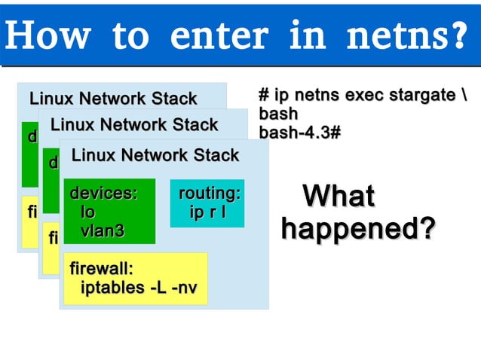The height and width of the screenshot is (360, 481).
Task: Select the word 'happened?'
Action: click(358, 230)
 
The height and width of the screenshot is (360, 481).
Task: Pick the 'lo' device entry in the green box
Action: click(88, 213)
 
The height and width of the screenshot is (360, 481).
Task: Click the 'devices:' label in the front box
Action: click(104, 194)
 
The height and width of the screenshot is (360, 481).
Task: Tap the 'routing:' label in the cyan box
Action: click(209, 194)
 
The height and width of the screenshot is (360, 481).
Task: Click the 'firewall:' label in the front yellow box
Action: click(101, 268)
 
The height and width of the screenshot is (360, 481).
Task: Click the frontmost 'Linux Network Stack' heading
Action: click(155, 156)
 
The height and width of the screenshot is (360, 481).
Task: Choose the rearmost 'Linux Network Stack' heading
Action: click(112, 99)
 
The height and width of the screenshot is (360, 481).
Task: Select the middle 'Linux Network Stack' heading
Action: click(133, 125)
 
